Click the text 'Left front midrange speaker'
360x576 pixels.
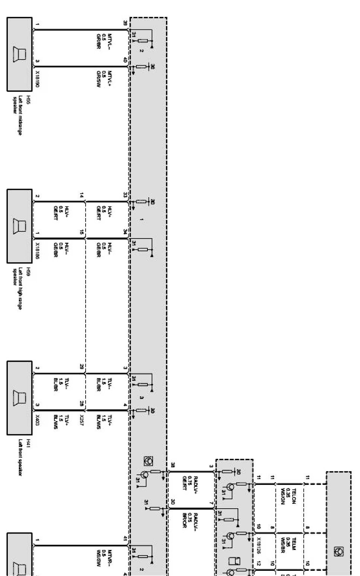click(18, 115)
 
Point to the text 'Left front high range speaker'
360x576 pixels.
click(18, 288)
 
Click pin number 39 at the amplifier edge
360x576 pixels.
click(125, 23)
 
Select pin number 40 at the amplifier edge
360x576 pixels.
click(125, 60)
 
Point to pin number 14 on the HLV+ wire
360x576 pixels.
click(82, 195)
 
